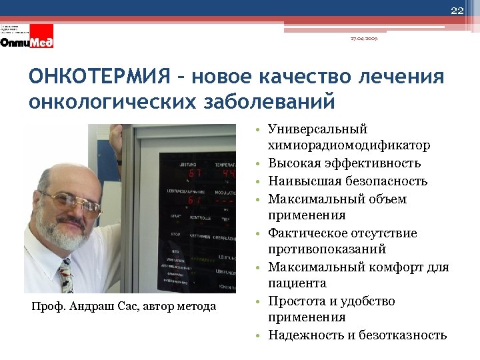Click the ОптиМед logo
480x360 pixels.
click(27, 41)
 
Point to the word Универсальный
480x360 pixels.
click(317, 129)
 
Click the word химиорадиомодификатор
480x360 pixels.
click(348, 145)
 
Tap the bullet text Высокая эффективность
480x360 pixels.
click(344, 163)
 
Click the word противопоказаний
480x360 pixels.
click(327, 249)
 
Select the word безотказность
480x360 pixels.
click(404, 335)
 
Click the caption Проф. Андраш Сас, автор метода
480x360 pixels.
click(124, 306)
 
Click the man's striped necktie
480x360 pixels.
click(66, 275)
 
